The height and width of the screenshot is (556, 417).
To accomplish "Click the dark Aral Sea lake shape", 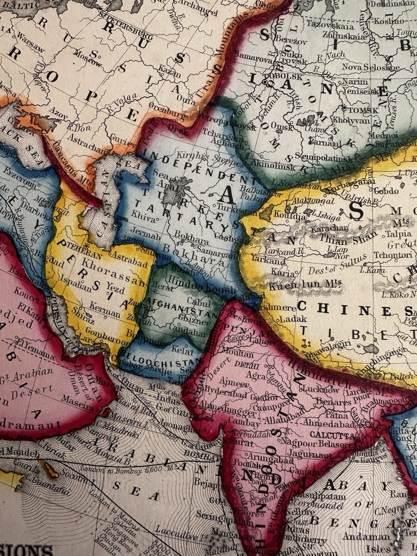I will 177,192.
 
